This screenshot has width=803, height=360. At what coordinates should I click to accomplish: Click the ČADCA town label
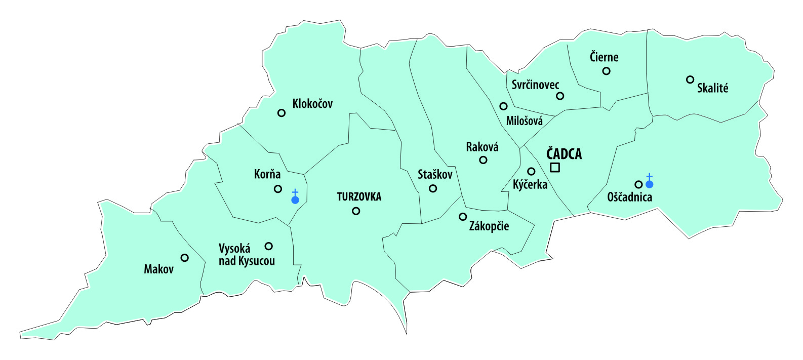pyautogui.click(x=564, y=154)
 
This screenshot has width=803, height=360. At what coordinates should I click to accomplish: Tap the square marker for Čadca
pyautogui.click(x=555, y=168)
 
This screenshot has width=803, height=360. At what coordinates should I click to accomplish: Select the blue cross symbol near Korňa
pyautogui.click(x=295, y=196)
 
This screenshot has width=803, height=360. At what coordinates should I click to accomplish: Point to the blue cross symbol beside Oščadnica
pyautogui.click(x=649, y=181)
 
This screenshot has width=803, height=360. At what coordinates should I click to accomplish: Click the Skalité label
pyautogui.click(x=712, y=88)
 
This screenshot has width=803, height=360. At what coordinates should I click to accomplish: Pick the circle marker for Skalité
pyautogui.click(x=690, y=79)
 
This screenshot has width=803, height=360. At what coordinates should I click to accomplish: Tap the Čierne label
pyautogui.click(x=604, y=57)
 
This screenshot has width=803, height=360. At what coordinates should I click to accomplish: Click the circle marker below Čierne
pyautogui.click(x=606, y=71)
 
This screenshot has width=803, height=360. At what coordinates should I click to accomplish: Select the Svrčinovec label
pyautogui.click(x=535, y=85)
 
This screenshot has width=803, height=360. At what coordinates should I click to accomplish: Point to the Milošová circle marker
pyautogui.click(x=503, y=106)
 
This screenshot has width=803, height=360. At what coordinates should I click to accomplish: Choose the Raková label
pyautogui.click(x=482, y=147)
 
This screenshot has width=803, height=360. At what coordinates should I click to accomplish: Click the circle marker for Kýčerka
pyautogui.click(x=531, y=172)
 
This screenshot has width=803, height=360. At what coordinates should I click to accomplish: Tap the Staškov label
pyautogui.click(x=435, y=175)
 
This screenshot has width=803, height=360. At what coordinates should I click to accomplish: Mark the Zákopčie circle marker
pyautogui.click(x=463, y=217)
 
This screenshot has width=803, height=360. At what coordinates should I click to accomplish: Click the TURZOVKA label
pyautogui.click(x=359, y=197)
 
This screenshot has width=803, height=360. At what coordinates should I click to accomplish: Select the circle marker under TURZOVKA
pyautogui.click(x=356, y=211)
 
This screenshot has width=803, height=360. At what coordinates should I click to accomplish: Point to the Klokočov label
pyautogui.click(x=312, y=104)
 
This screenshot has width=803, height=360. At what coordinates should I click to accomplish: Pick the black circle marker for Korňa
pyautogui.click(x=278, y=189)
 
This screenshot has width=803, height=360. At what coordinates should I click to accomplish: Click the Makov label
pyautogui.click(x=158, y=269)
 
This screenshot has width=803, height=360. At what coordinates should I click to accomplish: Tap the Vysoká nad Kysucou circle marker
pyautogui.click(x=269, y=246)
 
